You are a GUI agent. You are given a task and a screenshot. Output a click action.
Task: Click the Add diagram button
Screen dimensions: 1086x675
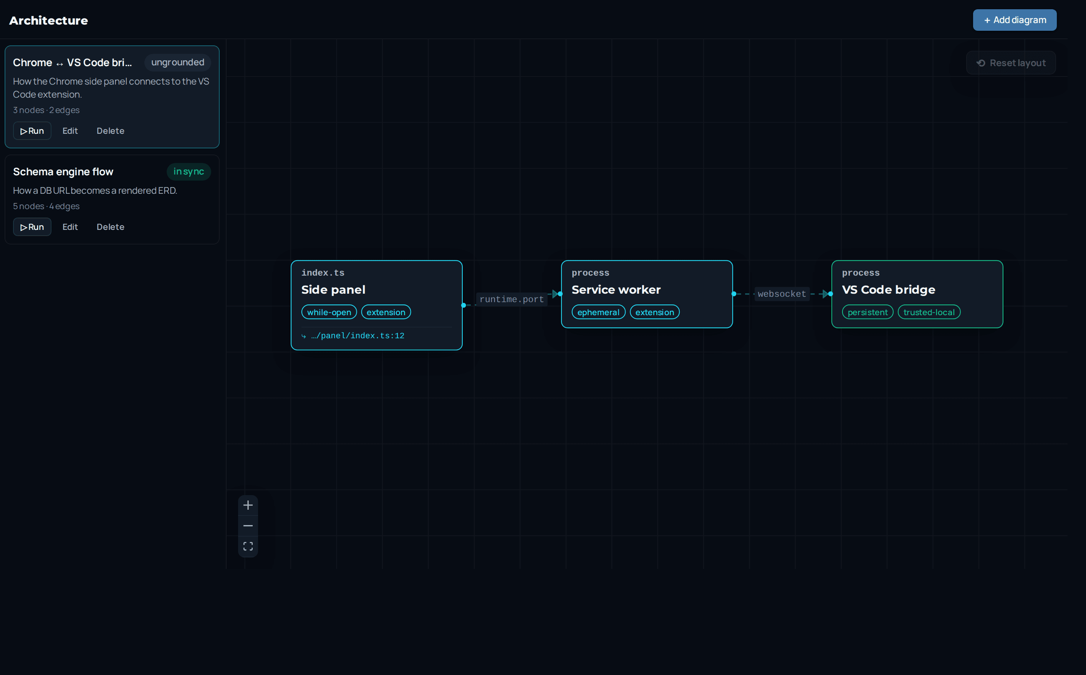point(1014,20)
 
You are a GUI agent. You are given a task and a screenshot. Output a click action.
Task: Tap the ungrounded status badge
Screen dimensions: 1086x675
point(177,63)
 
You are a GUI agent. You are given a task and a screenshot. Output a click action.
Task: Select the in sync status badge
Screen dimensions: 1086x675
point(189,171)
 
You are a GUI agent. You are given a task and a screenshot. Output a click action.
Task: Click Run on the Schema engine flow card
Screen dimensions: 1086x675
point(32,227)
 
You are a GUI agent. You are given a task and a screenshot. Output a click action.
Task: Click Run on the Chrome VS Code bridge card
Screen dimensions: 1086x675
point(32,131)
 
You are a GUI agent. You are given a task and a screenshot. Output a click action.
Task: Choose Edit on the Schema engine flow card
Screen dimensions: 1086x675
point(70,227)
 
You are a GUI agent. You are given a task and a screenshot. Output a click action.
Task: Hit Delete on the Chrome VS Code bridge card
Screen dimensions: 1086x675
point(111,131)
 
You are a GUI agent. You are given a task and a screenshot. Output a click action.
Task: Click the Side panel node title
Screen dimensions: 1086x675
point(333,290)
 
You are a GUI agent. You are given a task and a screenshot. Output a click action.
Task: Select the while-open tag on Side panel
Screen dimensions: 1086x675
point(329,312)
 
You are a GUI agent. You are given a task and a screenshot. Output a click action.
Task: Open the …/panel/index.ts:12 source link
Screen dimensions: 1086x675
point(357,336)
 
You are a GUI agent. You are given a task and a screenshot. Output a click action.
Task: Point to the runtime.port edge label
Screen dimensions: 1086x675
point(512,299)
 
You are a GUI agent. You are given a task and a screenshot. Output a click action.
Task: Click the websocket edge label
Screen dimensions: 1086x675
point(782,294)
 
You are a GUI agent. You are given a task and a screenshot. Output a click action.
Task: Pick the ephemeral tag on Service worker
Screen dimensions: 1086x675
point(599,312)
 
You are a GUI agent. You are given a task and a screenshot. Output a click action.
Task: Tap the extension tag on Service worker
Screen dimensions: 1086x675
point(655,312)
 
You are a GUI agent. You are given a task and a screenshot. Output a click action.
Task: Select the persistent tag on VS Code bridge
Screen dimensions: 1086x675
point(867,312)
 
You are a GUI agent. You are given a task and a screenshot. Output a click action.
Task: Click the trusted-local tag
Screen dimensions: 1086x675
point(929,312)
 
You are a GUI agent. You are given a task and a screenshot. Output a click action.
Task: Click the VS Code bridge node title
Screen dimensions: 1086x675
point(889,290)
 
